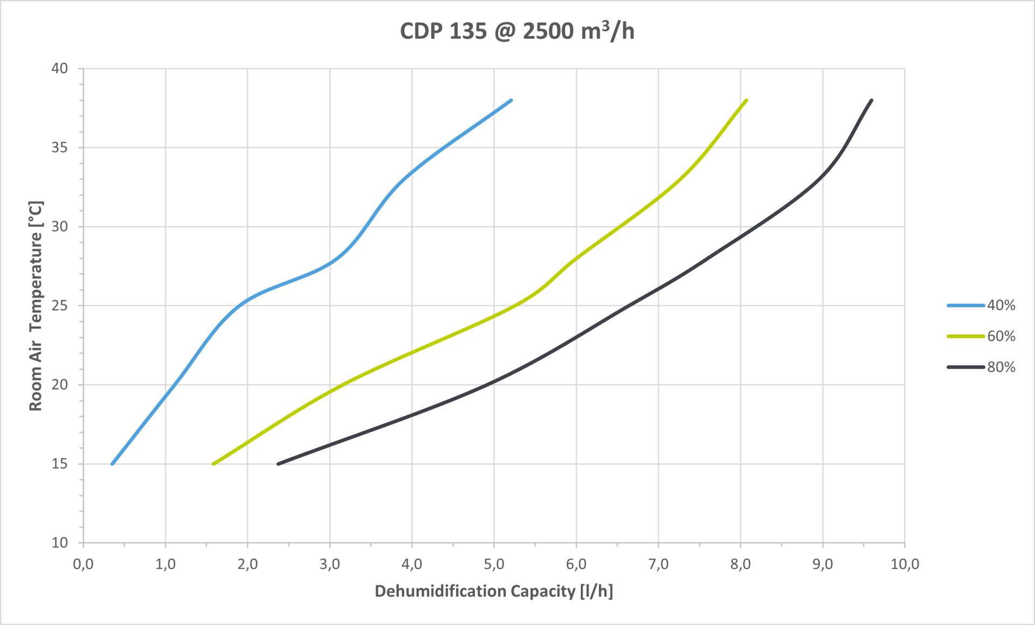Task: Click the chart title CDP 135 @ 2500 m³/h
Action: (517, 31)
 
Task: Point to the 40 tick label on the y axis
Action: (60, 68)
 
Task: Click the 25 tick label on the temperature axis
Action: (60, 306)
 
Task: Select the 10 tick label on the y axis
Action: (60, 543)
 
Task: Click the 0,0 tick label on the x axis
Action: (83, 565)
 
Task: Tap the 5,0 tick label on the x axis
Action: (494, 565)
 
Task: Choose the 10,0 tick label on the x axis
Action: (905, 565)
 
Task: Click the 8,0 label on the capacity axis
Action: (740, 565)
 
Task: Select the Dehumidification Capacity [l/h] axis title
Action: (494, 592)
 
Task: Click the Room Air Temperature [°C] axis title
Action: (36, 306)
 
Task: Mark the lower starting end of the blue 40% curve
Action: (112, 464)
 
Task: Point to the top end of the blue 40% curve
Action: (511, 100)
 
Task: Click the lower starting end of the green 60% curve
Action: (213, 464)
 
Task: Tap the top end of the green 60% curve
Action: (746, 100)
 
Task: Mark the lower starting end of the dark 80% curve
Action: (278, 464)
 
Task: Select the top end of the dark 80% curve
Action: (872, 100)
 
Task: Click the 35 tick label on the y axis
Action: (60, 148)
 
